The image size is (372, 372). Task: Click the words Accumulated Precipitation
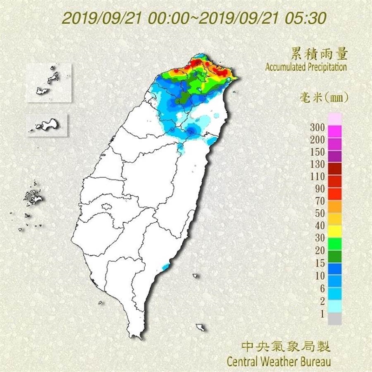(306, 67)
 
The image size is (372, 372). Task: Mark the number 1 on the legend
(321, 313)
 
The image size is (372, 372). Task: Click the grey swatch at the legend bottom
(335, 319)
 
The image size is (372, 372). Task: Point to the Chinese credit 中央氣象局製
(288, 346)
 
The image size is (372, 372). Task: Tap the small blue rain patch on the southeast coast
(165, 267)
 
